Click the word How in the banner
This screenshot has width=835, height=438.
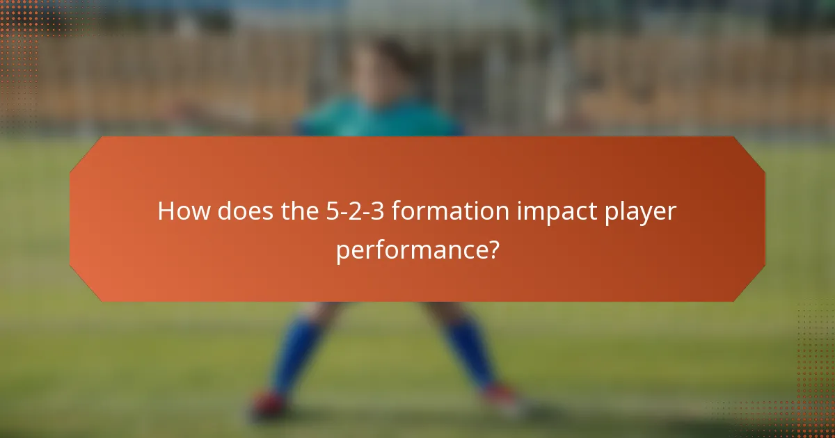pos(183,211)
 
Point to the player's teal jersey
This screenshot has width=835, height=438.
pos(379,118)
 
